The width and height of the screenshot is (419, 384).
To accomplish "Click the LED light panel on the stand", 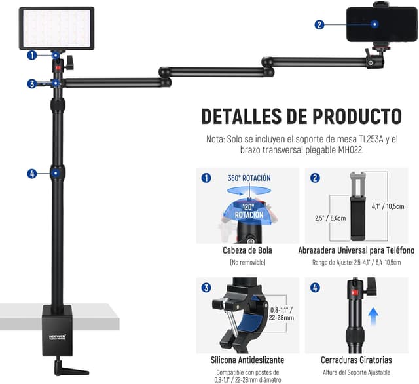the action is (56, 28).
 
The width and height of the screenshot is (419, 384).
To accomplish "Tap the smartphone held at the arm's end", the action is (381, 24).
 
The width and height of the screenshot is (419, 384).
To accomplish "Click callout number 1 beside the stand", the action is (32, 56).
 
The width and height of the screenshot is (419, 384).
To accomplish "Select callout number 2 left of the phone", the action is (319, 25).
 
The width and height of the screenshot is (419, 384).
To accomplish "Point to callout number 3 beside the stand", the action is (32, 84).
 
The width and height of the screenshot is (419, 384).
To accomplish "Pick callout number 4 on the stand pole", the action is (32, 174).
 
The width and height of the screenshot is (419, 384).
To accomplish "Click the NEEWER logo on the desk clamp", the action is (57, 336).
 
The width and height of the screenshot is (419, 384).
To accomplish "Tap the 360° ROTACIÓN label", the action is (249, 178).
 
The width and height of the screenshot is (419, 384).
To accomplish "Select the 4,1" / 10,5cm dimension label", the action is (388, 206).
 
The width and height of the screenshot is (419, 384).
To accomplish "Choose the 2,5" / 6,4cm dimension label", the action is (330, 218).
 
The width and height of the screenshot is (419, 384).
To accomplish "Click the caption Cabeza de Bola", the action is (247, 250).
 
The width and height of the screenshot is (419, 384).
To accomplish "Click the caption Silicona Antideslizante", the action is (247, 360).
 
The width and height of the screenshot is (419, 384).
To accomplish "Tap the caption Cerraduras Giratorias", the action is (356, 360).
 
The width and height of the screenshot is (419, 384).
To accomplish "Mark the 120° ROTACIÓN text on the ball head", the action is (249, 211).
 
